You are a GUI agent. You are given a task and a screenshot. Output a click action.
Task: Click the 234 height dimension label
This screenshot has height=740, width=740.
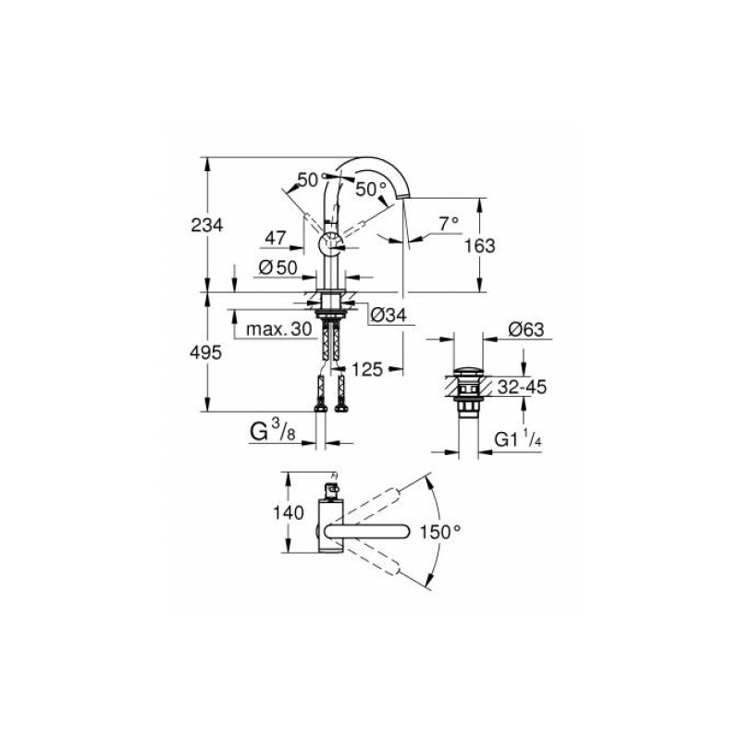(206, 225)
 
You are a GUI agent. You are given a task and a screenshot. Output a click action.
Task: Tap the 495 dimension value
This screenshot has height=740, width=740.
(205, 352)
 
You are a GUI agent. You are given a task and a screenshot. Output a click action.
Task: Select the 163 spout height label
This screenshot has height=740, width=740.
(479, 246)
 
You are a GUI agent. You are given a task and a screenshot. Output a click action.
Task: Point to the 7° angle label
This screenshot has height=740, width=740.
(449, 224)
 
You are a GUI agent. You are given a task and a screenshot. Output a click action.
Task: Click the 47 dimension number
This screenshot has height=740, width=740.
(275, 238)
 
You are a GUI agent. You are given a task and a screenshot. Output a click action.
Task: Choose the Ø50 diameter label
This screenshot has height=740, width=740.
(278, 268)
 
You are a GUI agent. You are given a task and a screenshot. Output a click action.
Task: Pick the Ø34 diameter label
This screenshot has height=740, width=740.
(388, 314)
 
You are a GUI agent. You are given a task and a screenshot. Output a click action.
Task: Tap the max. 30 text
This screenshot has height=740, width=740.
(279, 329)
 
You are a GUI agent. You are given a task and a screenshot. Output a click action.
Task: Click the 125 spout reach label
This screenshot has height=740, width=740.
(366, 369)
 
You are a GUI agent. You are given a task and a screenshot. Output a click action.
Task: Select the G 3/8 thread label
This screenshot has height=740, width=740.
(273, 431)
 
